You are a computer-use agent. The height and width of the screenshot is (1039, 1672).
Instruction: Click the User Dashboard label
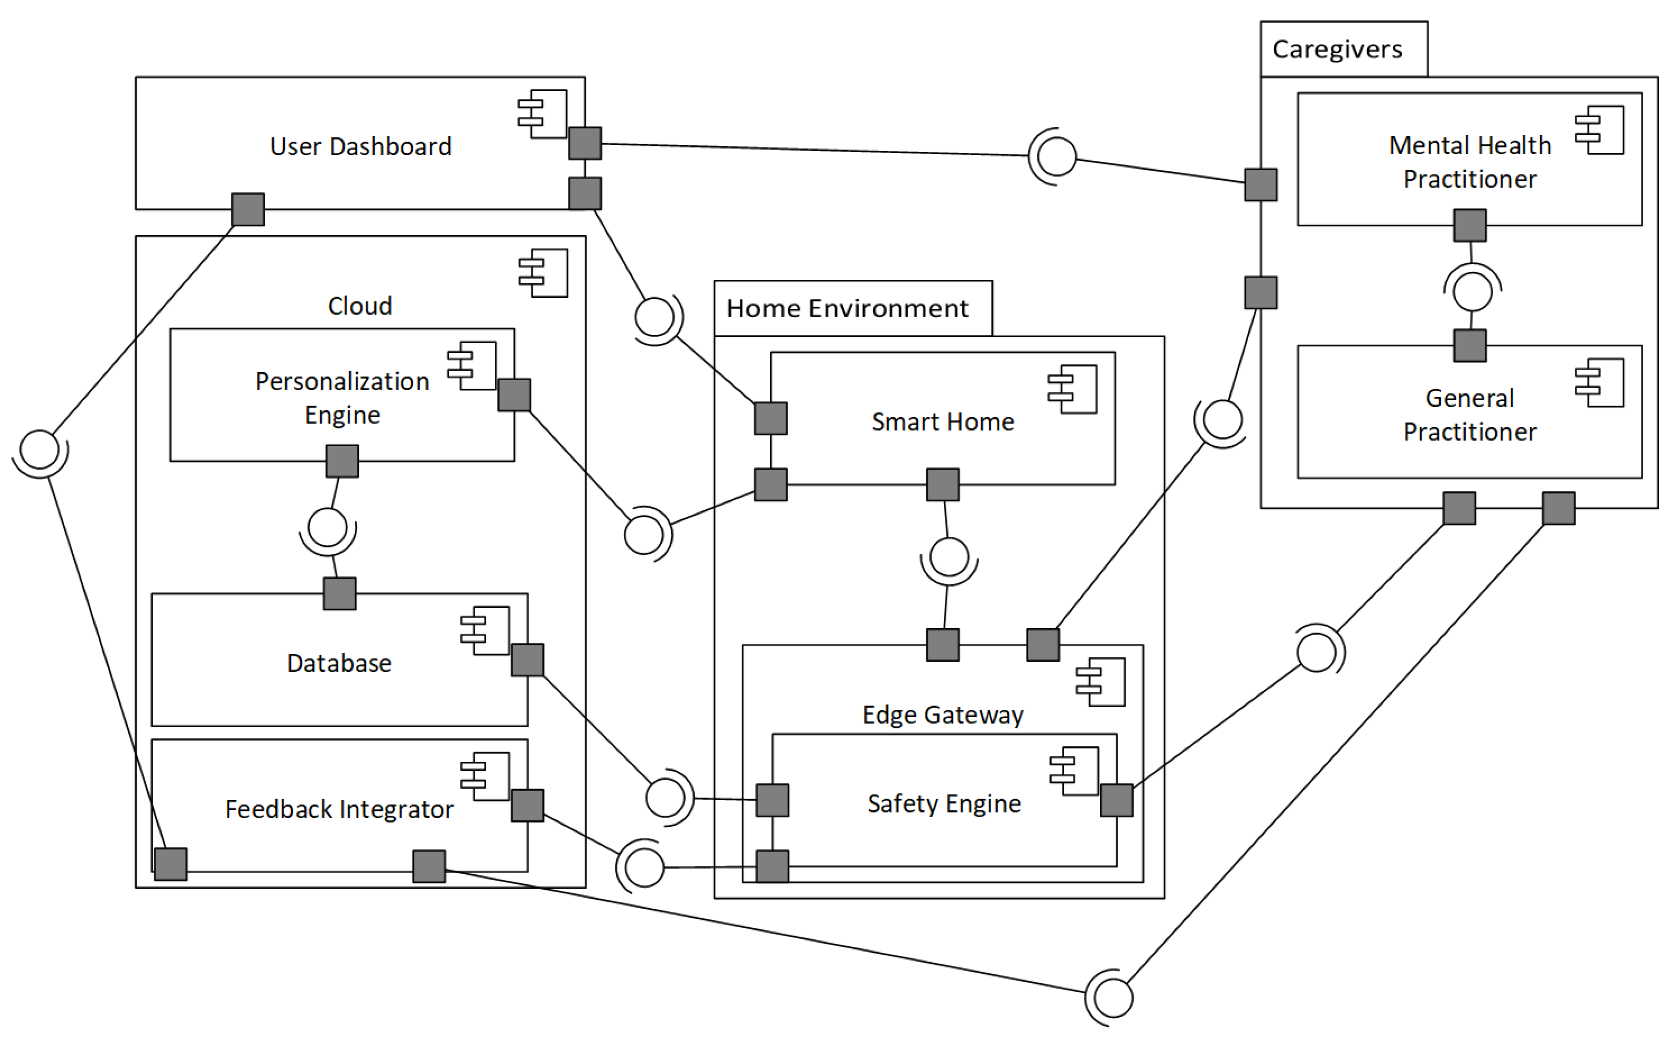coord(361,146)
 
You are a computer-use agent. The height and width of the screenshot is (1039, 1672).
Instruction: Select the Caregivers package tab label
coord(1337,49)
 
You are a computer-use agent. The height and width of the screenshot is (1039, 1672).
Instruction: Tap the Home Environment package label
coord(847,309)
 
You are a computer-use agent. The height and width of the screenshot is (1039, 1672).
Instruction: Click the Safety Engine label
coord(944,803)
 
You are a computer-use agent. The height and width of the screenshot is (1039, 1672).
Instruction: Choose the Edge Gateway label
coord(942,715)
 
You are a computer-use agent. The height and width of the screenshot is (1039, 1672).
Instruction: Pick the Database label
coord(339,663)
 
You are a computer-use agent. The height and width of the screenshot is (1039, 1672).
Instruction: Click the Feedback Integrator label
coord(339,810)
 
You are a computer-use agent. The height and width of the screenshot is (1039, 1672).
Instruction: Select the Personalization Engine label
coord(342,398)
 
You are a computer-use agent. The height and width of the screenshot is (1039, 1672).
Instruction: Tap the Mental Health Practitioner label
coord(1470,162)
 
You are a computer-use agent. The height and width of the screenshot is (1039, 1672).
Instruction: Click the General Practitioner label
coord(1470,415)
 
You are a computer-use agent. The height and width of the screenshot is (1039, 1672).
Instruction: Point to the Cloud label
coord(360,306)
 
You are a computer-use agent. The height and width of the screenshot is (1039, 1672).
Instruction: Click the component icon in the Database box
coord(485,631)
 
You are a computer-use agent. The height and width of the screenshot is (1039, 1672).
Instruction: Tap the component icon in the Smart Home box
coord(1072,390)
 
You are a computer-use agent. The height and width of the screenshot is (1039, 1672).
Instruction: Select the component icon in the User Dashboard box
coord(543,114)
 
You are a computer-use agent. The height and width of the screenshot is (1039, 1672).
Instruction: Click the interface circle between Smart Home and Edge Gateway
coord(949,557)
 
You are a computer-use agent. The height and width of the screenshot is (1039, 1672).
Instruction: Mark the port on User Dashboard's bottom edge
coord(248,210)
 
